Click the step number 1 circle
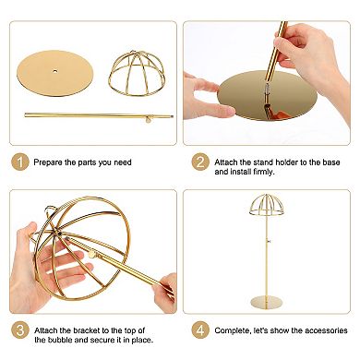(20, 162)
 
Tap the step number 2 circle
(200, 162)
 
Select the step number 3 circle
(20, 330)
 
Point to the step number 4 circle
(200, 330)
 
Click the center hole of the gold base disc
(55, 71)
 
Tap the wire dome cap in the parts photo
(137, 74)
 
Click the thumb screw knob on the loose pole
(149, 119)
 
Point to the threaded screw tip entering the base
(267, 90)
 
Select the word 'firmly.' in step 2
(263, 172)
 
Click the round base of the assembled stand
(267, 302)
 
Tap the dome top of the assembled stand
(266, 205)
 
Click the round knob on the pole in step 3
(91, 255)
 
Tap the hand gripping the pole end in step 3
(165, 292)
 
